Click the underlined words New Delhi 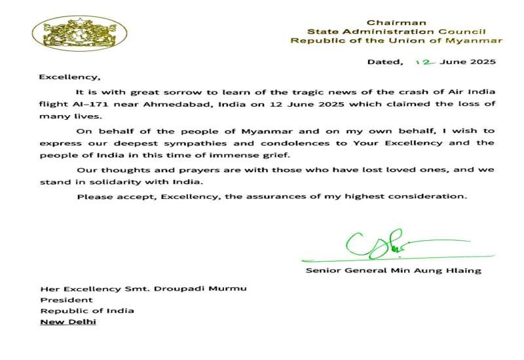coord(67,322)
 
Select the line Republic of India coord(87,311)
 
